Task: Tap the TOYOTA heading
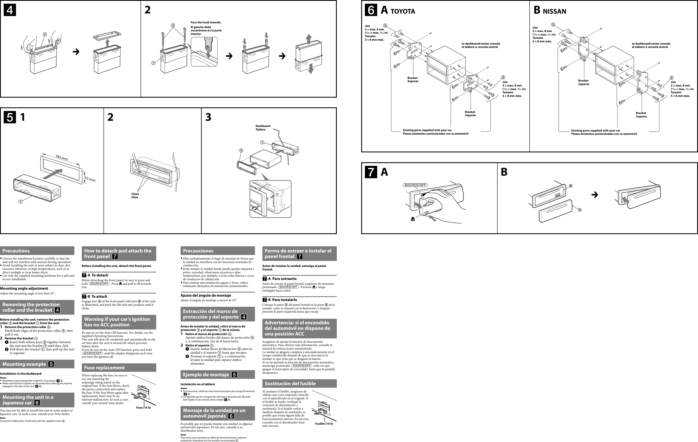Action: [x=403, y=12]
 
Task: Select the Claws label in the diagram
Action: [x=135, y=194]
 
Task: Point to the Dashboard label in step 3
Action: [x=263, y=126]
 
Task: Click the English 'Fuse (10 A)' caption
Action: [x=143, y=408]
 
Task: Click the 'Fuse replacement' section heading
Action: [x=104, y=367]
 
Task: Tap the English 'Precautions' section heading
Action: [x=16, y=251]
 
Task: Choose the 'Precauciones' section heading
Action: [x=198, y=251]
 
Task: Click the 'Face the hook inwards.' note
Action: [x=206, y=22]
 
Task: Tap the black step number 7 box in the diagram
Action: [x=371, y=172]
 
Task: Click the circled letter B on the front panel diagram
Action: [x=571, y=186]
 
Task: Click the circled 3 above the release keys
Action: [x=173, y=25]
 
